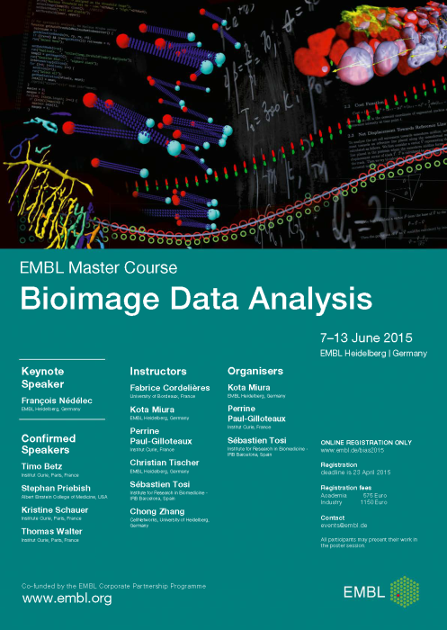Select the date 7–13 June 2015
(x=365, y=337)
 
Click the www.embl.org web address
(x=67, y=598)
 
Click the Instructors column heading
(x=158, y=371)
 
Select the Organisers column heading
(x=255, y=371)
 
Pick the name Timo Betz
(x=41, y=467)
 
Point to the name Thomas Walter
(x=52, y=532)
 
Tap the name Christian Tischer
(x=165, y=462)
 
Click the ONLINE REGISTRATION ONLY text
(x=366, y=443)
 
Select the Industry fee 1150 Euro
(x=347, y=501)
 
